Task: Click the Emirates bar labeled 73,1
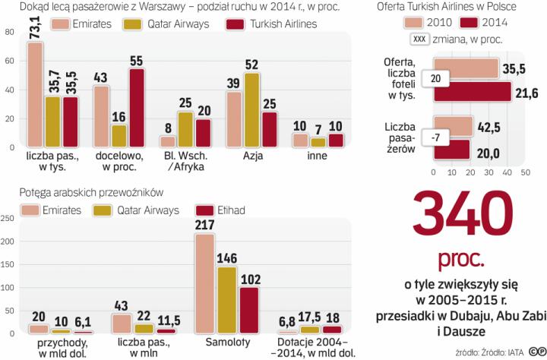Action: point(35,95)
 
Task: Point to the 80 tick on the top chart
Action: point(10,33)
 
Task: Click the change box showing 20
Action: point(434,79)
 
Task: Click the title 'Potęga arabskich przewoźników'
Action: point(69,191)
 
